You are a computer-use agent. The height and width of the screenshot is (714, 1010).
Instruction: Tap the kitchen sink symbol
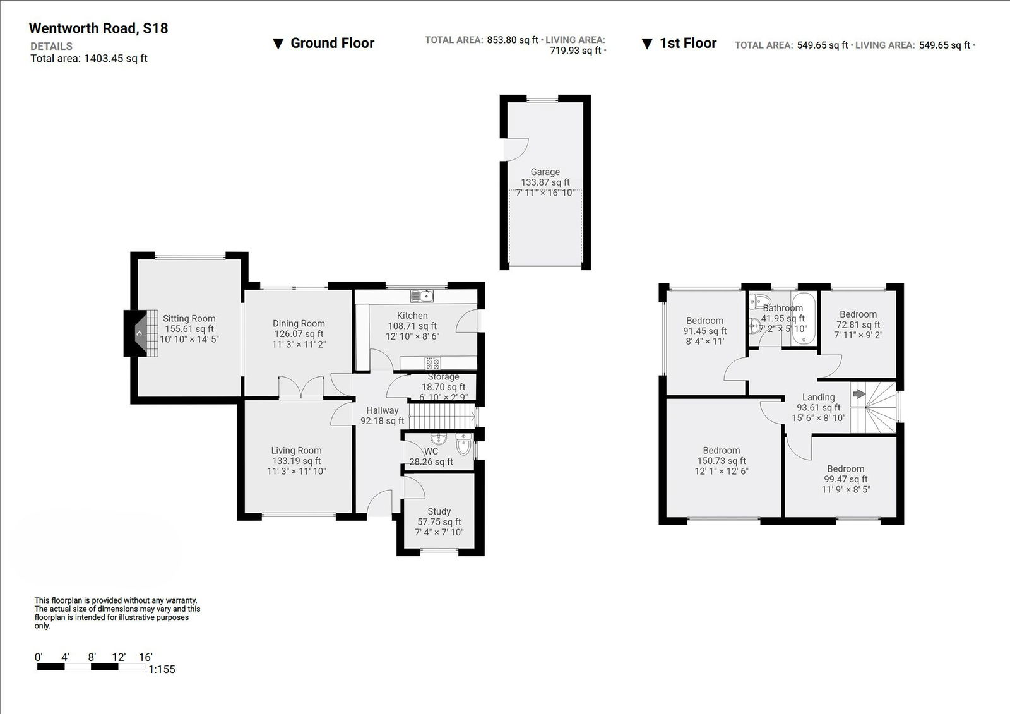421,295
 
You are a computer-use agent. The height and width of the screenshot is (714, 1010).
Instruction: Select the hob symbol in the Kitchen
432,363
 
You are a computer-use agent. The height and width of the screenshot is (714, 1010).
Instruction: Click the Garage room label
545,172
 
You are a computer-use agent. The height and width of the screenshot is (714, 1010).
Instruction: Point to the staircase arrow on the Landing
858,394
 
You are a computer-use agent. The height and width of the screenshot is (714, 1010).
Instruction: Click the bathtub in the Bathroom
803,319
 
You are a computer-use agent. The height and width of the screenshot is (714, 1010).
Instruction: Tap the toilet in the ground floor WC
463,445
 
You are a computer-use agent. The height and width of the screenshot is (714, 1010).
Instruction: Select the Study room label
439,511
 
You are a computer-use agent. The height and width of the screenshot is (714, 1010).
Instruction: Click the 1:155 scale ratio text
162,669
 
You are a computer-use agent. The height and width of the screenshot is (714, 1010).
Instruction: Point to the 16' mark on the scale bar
145,657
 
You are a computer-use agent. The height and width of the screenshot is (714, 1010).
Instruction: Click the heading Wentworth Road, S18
98,28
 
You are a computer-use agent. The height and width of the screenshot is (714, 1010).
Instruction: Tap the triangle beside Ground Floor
278,44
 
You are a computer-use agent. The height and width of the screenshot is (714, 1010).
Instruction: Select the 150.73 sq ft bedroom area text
721,461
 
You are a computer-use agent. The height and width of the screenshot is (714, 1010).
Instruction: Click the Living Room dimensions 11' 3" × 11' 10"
296,471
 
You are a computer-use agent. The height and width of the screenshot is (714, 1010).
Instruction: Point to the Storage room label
443,377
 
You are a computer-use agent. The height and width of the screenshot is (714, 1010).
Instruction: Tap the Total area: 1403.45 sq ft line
89,59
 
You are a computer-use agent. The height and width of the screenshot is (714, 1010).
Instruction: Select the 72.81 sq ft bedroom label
858,324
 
